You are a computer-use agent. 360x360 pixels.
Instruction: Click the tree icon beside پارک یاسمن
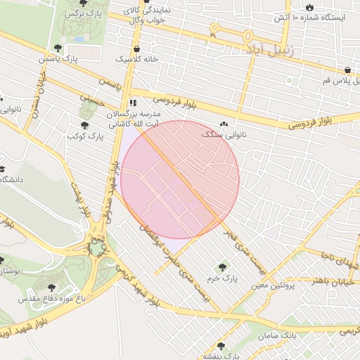point(58,49)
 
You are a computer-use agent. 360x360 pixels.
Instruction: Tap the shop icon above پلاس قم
point(348,70)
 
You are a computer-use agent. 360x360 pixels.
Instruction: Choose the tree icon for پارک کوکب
point(84,125)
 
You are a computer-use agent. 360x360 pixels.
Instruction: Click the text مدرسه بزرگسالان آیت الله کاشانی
point(134,117)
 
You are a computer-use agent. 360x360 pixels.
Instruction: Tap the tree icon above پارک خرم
point(223,266)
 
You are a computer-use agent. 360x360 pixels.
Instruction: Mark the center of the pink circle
point(180,180)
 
